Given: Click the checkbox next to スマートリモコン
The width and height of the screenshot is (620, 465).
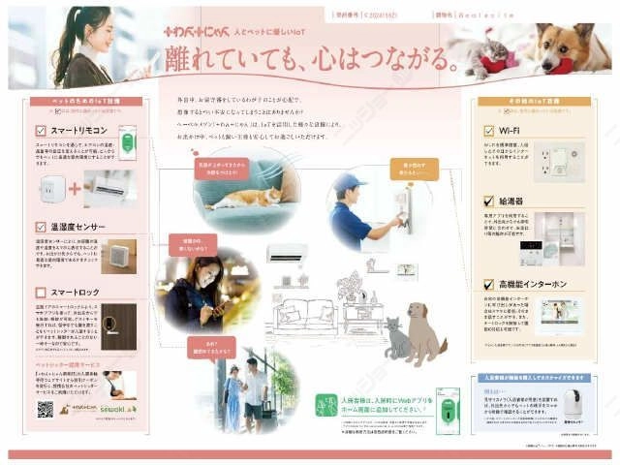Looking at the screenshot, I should tap(41, 129).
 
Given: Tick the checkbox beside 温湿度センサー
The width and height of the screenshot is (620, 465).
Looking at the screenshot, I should tap(41, 226).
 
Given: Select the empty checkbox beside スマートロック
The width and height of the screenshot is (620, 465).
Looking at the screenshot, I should tap(41, 291).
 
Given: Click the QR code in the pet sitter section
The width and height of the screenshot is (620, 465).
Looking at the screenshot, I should tap(45, 409).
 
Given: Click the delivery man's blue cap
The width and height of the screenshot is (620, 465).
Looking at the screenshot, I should tap(348, 183).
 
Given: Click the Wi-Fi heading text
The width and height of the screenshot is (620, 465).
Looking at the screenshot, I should tap(511, 129).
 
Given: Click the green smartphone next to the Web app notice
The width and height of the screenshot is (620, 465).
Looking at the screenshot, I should tap(448, 410).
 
